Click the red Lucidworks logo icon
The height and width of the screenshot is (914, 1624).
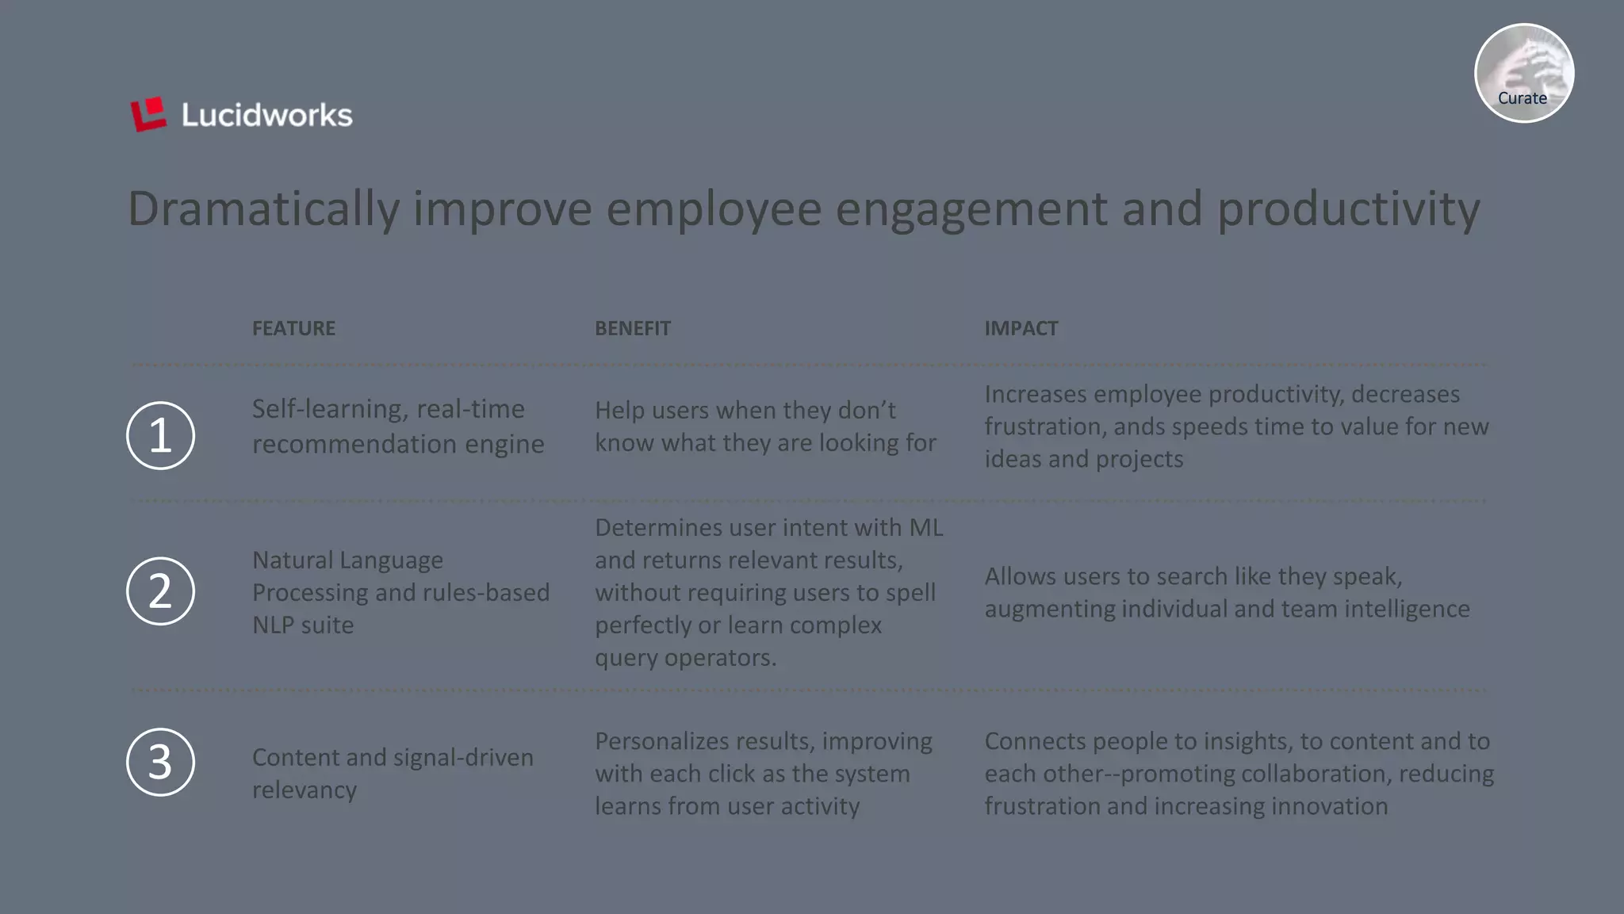148,115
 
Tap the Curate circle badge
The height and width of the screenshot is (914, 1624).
1523,73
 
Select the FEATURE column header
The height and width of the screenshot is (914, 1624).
293,328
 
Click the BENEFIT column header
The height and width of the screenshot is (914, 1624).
632,328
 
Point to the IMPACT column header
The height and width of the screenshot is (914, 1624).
1021,328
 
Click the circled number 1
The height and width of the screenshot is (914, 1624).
160,435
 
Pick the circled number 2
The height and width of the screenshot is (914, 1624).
160,591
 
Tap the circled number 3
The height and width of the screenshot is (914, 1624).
160,762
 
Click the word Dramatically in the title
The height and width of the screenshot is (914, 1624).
263,209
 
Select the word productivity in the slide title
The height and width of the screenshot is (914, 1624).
1348,209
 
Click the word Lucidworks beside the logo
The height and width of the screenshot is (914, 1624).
266,116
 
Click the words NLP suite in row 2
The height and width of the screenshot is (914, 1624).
303,625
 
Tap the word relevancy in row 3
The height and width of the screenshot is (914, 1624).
304,790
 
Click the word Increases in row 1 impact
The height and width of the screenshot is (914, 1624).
1036,394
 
